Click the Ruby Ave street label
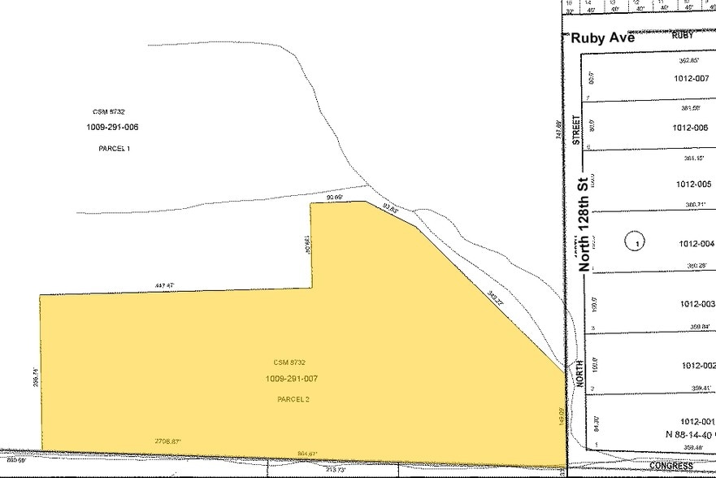(x=602, y=38)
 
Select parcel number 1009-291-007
(x=290, y=379)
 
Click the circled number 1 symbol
(x=635, y=241)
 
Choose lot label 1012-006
(x=692, y=128)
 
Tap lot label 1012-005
(x=693, y=184)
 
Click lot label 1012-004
(x=695, y=243)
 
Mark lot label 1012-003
(x=695, y=304)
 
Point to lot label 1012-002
(x=695, y=366)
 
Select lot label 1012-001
(x=695, y=420)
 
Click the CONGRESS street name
(x=671, y=466)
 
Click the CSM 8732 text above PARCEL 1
(x=108, y=111)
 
